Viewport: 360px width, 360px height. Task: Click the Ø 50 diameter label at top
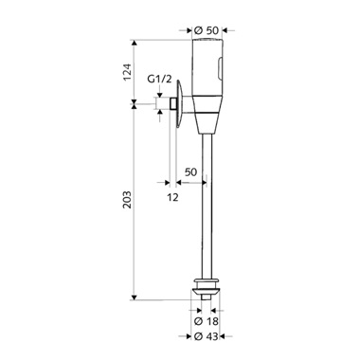pyautogui.click(x=207, y=30)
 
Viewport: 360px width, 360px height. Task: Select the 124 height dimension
pyautogui.click(x=127, y=72)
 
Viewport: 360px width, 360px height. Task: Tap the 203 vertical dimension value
pyautogui.click(x=127, y=199)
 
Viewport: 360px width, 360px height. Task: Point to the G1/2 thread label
pyautogui.click(x=160, y=79)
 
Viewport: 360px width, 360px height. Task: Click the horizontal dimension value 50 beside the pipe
pyautogui.click(x=190, y=172)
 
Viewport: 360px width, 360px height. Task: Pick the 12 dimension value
pyautogui.click(x=172, y=197)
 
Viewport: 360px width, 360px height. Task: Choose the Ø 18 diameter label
pyautogui.click(x=207, y=321)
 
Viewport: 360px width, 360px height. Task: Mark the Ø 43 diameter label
pyautogui.click(x=207, y=336)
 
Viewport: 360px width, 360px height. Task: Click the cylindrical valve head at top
pyautogui.click(x=207, y=67)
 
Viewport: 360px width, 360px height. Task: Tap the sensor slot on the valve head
pyautogui.click(x=221, y=68)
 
